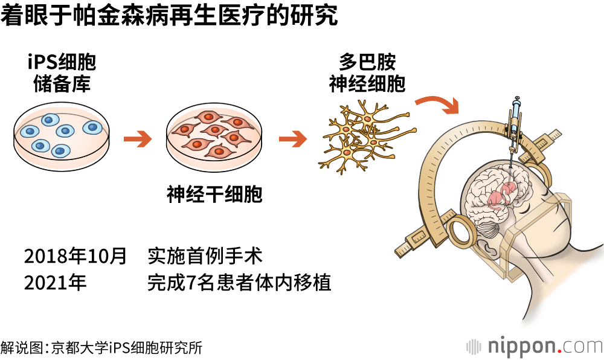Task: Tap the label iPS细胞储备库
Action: [x=62, y=72]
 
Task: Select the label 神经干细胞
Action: [x=214, y=194]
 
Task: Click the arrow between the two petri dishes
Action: [x=137, y=140]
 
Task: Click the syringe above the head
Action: [x=515, y=124]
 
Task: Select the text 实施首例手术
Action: [x=205, y=256]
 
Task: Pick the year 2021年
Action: [x=56, y=283]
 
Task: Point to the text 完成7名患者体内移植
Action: [x=239, y=283]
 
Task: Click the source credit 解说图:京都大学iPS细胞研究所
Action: [x=101, y=347]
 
